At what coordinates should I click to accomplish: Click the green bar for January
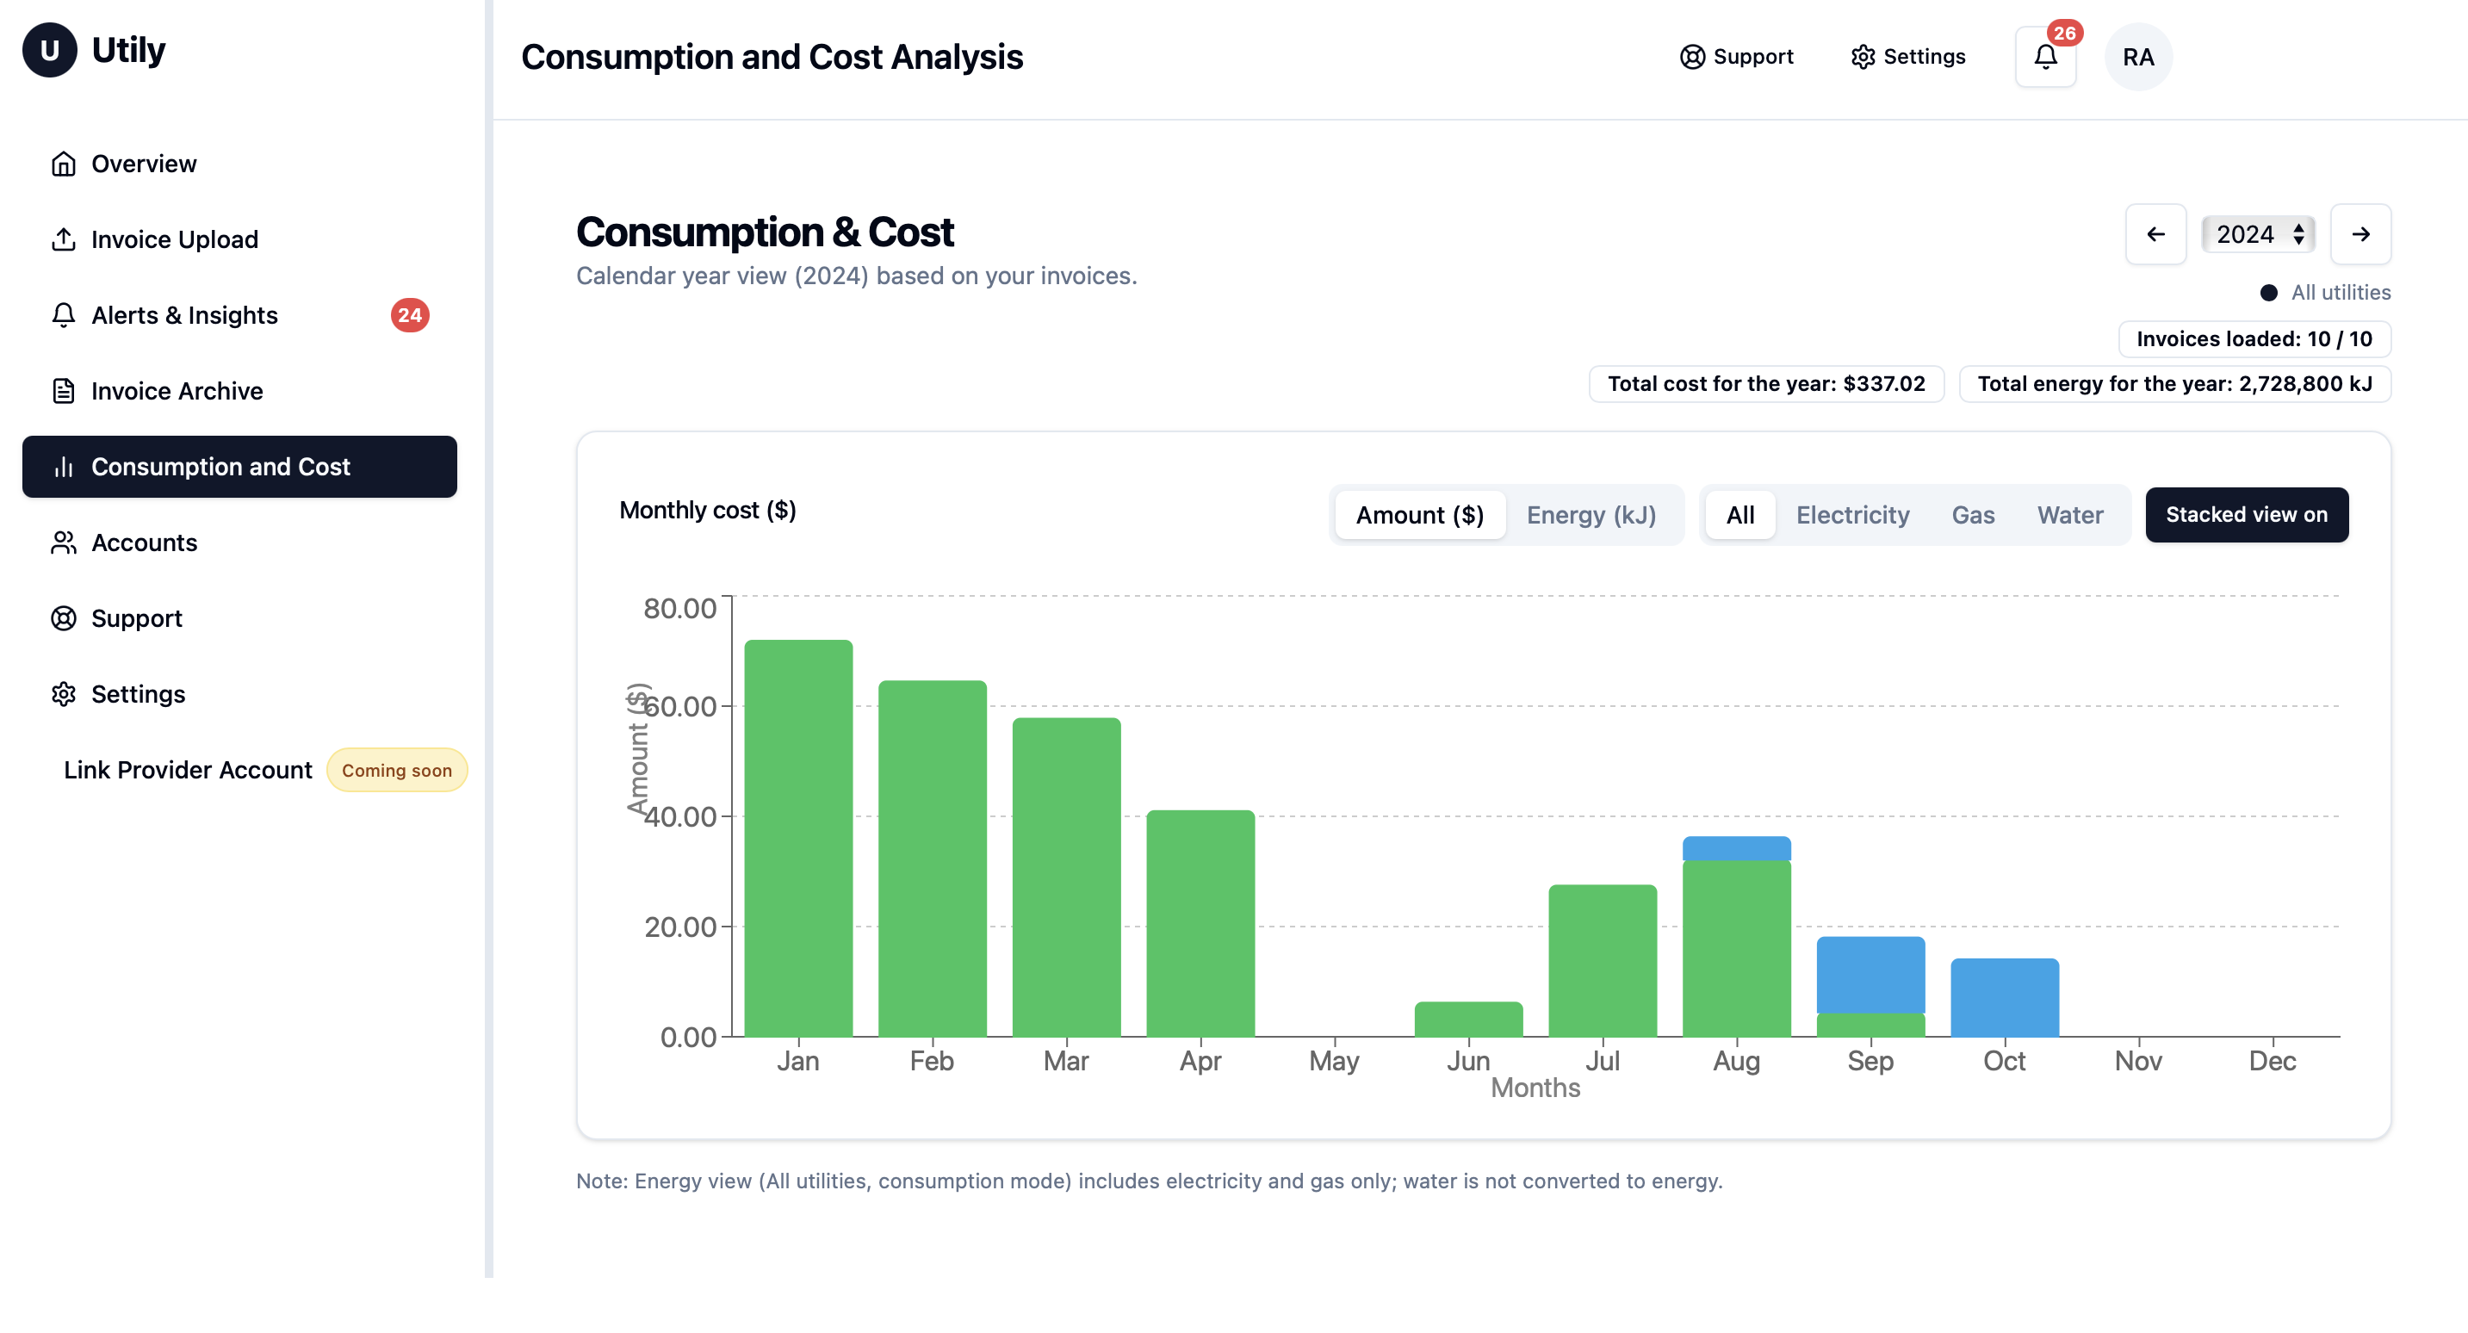point(798,838)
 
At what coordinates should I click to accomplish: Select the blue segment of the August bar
point(1736,848)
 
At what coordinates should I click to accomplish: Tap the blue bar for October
point(2005,996)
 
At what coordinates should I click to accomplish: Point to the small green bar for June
point(1467,1019)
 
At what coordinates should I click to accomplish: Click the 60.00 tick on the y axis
point(680,706)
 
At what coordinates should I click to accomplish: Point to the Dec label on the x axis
point(2272,1061)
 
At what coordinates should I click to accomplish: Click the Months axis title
point(1535,1088)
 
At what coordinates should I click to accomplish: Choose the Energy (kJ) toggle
point(1591,515)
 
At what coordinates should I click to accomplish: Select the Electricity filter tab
point(1852,515)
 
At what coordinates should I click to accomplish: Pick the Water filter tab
point(2069,515)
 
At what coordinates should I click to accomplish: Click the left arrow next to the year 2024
point(2155,234)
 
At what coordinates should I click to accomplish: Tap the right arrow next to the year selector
point(2360,234)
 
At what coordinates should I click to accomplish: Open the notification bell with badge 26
point(2045,58)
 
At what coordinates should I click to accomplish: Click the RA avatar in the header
point(2137,58)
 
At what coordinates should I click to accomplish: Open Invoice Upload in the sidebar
point(174,239)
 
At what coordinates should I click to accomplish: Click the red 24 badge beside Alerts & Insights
point(410,315)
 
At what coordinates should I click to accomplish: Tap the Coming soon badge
point(397,771)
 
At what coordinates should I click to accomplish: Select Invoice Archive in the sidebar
point(177,391)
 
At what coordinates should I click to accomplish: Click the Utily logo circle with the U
point(50,50)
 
